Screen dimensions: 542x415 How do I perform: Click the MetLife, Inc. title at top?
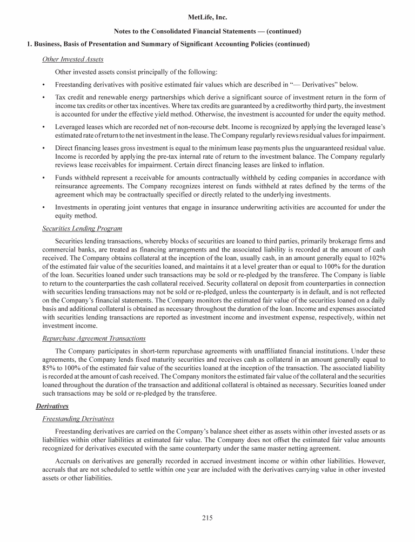click(207, 18)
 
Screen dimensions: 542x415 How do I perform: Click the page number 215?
click(207, 518)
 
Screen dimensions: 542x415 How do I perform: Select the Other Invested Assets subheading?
click(73, 59)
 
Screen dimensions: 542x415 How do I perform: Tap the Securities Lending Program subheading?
click(82, 228)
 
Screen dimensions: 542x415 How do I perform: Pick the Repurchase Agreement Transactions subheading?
click(93, 338)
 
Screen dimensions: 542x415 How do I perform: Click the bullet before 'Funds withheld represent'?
click(43, 177)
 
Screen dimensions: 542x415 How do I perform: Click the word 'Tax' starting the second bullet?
click(61, 97)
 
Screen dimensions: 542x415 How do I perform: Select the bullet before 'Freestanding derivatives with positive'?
click(43, 85)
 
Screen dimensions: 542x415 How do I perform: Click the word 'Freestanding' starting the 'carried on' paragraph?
click(75, 432)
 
